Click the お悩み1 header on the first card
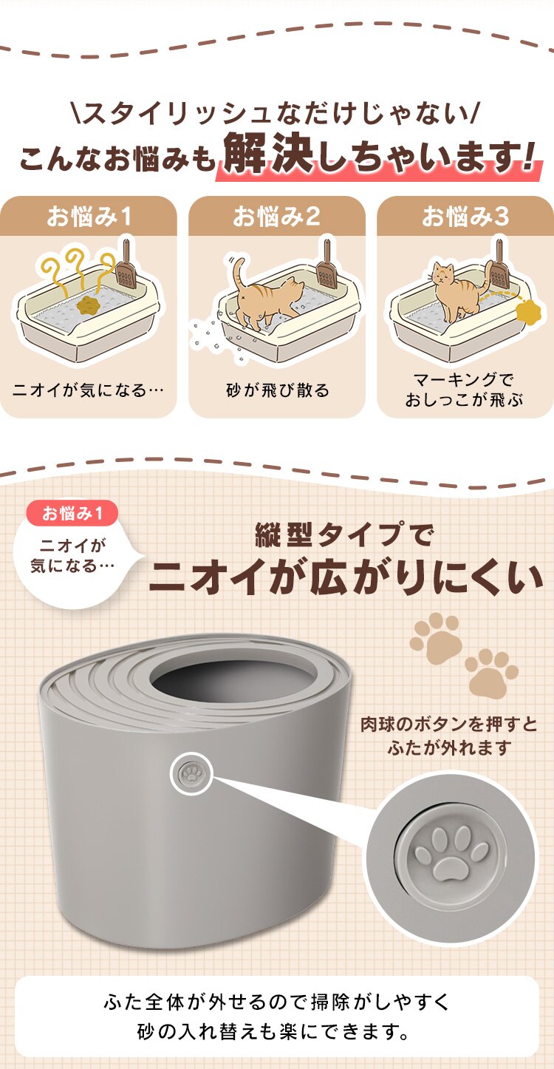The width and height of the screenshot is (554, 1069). tap(89, 217)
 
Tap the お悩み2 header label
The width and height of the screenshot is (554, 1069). tap(276, 217)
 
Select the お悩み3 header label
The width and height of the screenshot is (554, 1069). tap(465, 217)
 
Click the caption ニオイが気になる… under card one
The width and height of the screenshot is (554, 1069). tap(88, 390)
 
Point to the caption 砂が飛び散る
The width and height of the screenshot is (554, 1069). tap(278, 390)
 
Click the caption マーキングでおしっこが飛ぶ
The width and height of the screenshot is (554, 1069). tap(464, 390)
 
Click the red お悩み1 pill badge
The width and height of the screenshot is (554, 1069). tap(71, 512)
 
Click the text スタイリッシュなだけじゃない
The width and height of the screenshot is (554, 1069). tap(277, 115)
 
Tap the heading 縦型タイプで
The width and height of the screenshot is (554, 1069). tap(343, 534)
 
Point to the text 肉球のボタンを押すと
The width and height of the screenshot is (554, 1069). tap(449, 722)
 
